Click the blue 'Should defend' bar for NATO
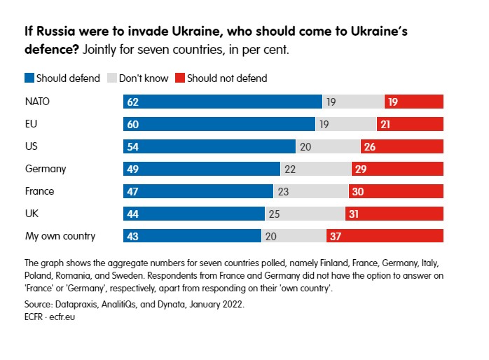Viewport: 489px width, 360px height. pyautogui.click(x=223, y=102)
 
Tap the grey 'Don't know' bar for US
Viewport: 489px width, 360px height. pyautogui.click(x=329, y=146)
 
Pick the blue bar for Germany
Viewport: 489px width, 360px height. pyautogui.click(x=202, y=169)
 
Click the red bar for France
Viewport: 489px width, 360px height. pyautogui.click(x=396, y=191)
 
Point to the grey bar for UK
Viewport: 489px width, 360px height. pyautogui.click(x=305, y=214)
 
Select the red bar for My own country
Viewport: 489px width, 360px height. pyautogui.click(x=385, y=236)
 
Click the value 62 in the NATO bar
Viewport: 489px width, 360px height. pyautogui.click(x=132, y=102)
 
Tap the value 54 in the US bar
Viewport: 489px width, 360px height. pyautogui.click(x=132, y=147)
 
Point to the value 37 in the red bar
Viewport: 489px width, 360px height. pyautogui.click(x=336, y=237)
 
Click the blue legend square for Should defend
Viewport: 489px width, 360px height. pyautogui.click(x=29, y=78)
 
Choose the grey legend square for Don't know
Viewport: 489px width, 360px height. pyautogui.click(x=111, y=78)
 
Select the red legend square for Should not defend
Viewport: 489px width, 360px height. pyautogui.click(x=181, y=78)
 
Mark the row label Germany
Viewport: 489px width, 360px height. pyautogui.click(x=45, y=169)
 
